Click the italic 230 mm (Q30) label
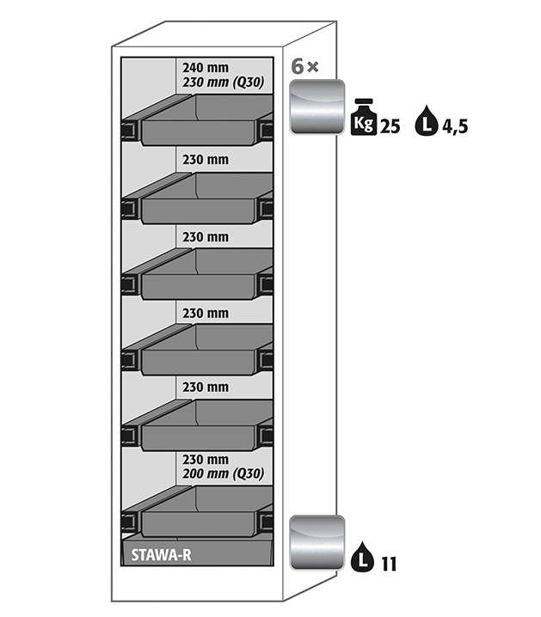pyautogui.click(x=223, y=83)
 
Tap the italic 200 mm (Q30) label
pyautogui.click(x=223, y=473)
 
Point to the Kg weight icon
pyautogui.click(x=363, y=120)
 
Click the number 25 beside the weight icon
pyautogui.click(x=390, y=127)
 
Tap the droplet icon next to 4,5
pyautogui.click(x=425, y=121)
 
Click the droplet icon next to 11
pyautogui.click(x=362, y=558)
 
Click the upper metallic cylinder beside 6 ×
pyautogui.click(x=317, y=107)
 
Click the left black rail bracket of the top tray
pyautogui.click(x=130, y=131)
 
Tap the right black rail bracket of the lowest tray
pyautogui.click(x=265, y=521)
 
